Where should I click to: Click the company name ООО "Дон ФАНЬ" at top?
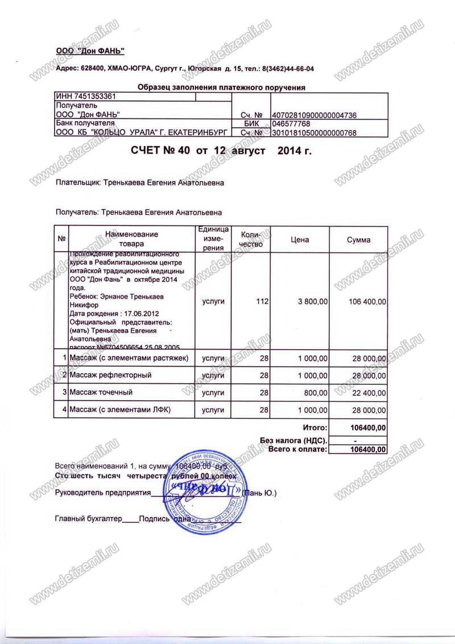pyautogui.click(x=90, y=51)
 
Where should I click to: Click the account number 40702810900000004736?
pyautogui.click(x=315, y=115)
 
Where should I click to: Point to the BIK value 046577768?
pyautogui.click(x=291, y=124)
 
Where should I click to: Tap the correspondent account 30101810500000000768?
pyautogui.click(x=315, y=133)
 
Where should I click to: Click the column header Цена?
pyautogui.click(x=300, y=240)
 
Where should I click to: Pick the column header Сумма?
pyautogui.click(x=358, y=240)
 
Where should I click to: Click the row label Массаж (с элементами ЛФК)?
pyautogui.click(x=120, y=409)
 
